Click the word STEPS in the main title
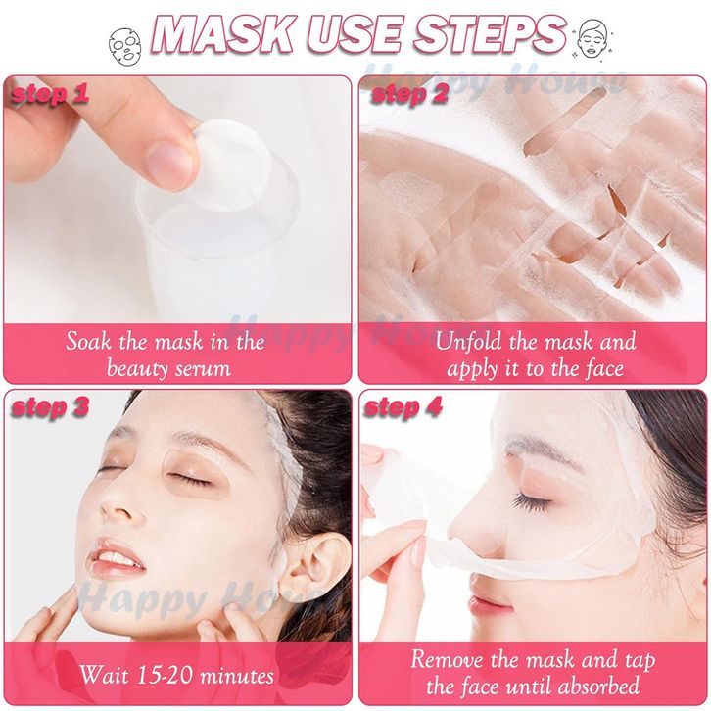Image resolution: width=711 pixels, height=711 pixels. tap(491, 35)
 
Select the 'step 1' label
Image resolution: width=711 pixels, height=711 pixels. tap(50, 94)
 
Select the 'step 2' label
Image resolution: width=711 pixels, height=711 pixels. tap(409, 94)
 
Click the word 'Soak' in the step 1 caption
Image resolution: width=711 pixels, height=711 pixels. tap(88, 341)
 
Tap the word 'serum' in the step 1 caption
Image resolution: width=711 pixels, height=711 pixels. tap(203, 369)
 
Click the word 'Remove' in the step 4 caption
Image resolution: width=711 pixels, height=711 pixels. tap(447, 659)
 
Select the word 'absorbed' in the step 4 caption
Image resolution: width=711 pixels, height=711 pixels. tap(599, 687)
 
